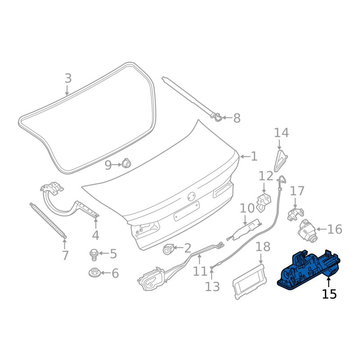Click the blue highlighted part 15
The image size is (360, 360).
point(308,270)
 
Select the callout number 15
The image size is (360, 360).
point(329,294)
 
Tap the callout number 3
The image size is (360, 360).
point(68,78)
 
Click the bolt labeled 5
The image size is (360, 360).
point(94,255)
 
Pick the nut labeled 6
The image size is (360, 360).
point(94,273)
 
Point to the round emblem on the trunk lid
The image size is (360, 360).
point(192,197)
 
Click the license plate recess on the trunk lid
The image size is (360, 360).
point(186,211)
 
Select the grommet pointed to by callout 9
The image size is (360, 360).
point(126,163)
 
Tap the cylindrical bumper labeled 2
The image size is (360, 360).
point(168,249)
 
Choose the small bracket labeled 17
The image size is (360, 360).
point(295,214)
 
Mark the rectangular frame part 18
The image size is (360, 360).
point(249,282)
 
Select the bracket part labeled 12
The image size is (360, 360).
point(263,202)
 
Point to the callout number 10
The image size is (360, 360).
point(247,208)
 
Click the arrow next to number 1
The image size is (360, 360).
point(245,157)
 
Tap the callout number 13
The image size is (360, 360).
point(212,287)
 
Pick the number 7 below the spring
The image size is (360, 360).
point(65,255)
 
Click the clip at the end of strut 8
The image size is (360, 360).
point(217,117)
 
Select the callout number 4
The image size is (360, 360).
point(95,235)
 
